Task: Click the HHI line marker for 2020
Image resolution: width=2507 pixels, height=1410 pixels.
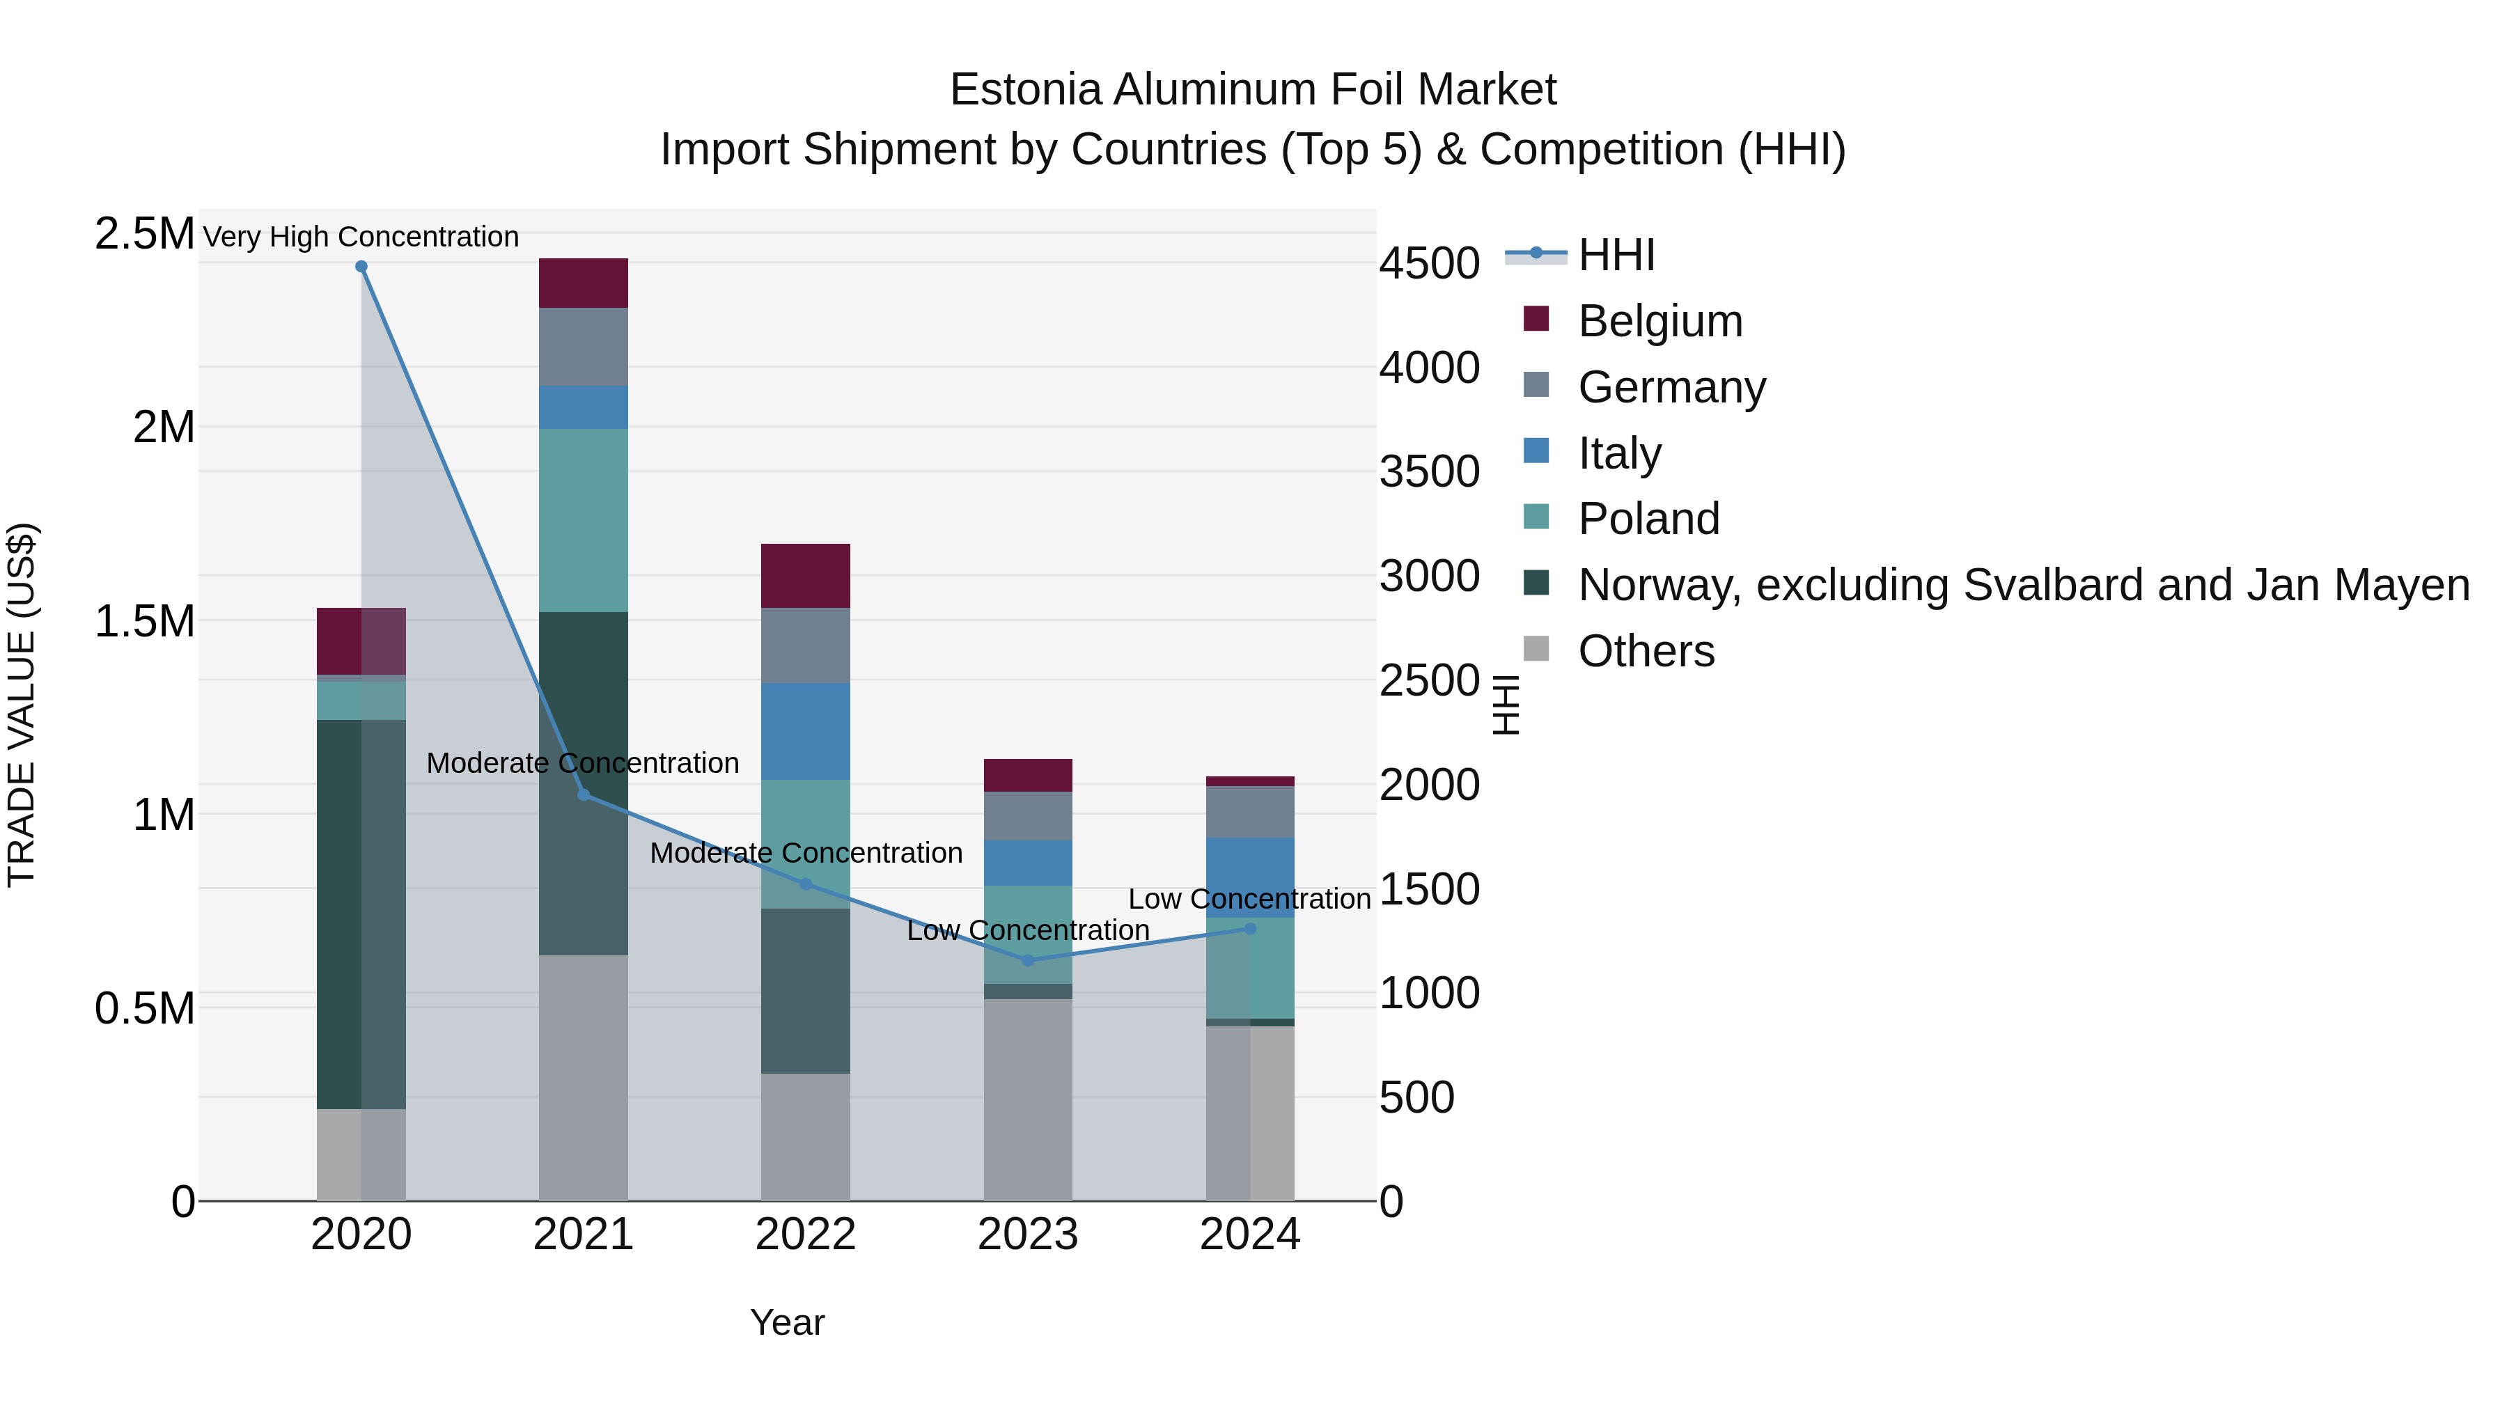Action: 361,267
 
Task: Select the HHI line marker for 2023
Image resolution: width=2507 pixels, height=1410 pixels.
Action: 1028,960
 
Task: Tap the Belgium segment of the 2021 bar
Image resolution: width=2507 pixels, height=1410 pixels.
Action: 583,283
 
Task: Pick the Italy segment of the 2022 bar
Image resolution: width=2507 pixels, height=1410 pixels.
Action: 805,731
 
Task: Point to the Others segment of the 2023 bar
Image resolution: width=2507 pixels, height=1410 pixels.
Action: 1028,1099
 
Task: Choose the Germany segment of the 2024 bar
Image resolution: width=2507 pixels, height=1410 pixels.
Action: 1249,812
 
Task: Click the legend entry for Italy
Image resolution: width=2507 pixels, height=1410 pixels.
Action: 1618,453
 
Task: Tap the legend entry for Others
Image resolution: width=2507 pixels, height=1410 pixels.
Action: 1645,651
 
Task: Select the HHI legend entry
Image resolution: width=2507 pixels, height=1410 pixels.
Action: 1616,255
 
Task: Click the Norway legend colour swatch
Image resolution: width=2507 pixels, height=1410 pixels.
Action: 1536,583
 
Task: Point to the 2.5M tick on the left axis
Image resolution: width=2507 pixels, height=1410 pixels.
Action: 144,235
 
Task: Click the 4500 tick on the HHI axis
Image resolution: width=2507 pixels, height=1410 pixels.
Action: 1429,264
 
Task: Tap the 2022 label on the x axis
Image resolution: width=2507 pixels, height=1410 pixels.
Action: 805,1235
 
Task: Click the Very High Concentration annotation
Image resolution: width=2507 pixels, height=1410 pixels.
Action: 361,237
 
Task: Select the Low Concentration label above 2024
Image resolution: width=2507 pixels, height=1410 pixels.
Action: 1249,899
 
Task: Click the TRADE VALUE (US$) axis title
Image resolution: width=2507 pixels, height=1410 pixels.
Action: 22,705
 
